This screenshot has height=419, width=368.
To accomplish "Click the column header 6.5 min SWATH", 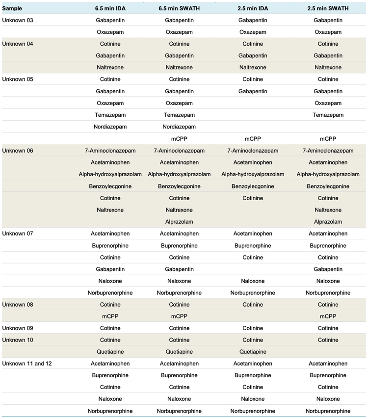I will point(179,9).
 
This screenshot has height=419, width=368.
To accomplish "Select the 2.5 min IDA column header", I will point(253,9).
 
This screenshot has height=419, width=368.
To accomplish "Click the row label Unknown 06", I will point(18,151).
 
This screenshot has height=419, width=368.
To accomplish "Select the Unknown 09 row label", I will point(18,328).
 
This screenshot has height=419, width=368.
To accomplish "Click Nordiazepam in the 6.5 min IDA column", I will point(110,127).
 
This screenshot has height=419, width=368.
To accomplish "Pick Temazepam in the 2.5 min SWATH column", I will point(328,115).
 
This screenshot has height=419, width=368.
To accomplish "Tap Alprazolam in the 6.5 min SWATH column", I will point(179,222).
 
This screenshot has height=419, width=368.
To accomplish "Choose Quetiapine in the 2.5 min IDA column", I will point(253,352).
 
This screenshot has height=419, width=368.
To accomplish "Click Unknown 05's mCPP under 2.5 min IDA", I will point(253,139).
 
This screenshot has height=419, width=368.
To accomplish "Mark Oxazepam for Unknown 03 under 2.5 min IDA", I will point(253,32).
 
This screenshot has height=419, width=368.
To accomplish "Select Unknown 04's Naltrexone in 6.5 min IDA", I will point(110,68).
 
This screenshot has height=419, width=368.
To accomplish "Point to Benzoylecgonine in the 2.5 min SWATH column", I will point(328,186).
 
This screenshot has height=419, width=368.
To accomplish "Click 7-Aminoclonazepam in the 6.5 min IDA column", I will point(110,151).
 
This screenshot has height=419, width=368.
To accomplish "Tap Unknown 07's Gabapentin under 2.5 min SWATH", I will point(328,269).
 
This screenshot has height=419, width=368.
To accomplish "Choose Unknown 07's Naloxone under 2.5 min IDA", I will point(253,281).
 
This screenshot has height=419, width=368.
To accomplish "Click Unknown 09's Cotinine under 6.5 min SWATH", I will point(179,328).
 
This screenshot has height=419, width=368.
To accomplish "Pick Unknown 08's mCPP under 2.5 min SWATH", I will point(328,316).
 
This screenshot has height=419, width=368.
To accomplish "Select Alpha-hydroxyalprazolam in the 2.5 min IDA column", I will point(253,174).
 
